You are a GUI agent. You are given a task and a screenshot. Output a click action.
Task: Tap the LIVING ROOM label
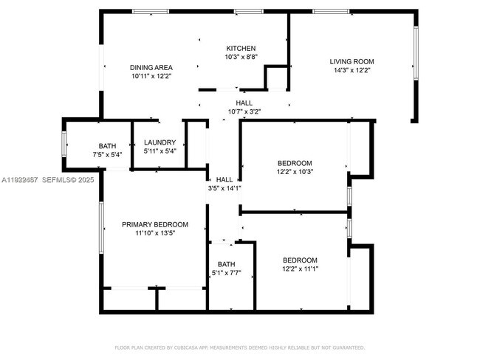click(x=353, y=62)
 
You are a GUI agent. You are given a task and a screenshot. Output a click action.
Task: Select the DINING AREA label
click(x=151, y=67)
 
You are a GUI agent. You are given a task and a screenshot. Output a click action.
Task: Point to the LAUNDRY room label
click(x=160, y=142)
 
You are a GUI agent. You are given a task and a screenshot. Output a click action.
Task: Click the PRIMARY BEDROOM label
click(x=155, y=224)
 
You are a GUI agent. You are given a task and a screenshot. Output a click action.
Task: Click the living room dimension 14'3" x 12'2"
click(x=353, y=71)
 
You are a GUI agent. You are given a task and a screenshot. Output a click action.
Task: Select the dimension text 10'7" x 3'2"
click(x=244, y=112)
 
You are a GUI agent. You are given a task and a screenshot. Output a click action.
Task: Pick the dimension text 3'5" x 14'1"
click(x=224, y=188)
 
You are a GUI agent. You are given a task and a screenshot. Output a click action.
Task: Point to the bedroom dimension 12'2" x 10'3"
click(x=295, y=172)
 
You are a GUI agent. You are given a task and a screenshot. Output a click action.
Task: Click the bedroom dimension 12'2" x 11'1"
click(x=301, y=269)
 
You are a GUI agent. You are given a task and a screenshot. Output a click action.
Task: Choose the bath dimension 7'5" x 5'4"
click(x=107, y=155)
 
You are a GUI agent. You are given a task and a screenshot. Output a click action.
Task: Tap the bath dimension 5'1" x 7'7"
click(x=226, y=273)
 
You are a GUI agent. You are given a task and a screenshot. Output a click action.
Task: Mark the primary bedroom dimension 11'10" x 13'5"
click(x=155, y=233)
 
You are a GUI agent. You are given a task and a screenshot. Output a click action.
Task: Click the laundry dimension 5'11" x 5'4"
click(x=160, y=151)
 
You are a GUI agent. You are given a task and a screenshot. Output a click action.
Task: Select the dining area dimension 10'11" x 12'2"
click(x=151, y=76)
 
